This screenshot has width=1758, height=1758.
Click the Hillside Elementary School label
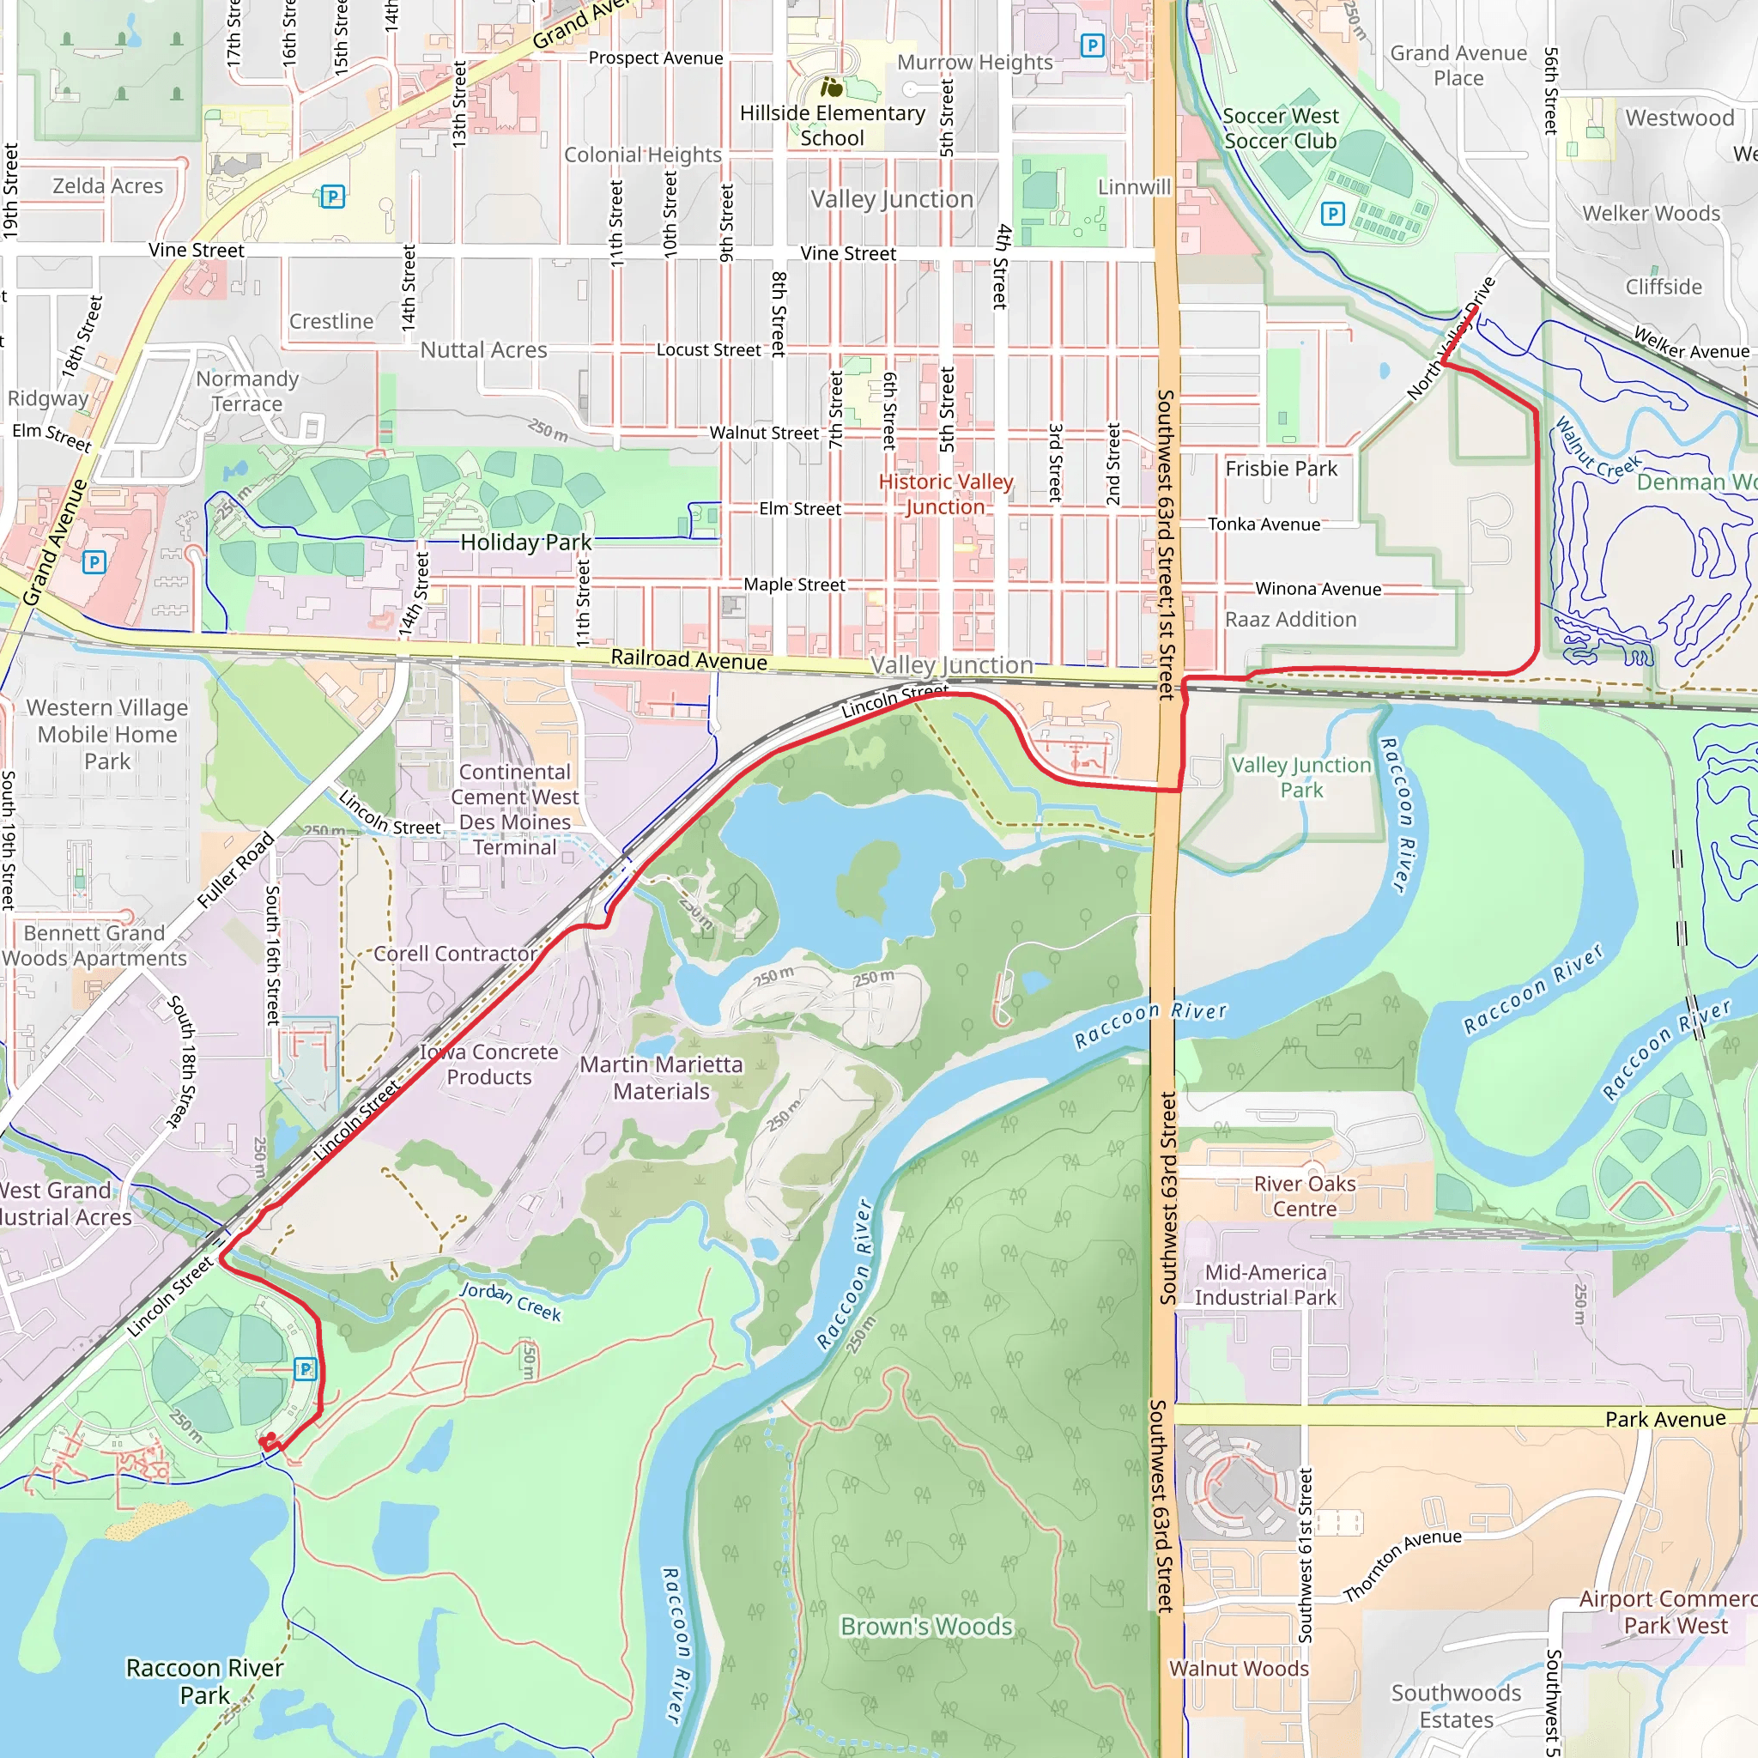(x=832, y=125)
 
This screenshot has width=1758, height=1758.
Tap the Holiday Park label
(x=525, y=543)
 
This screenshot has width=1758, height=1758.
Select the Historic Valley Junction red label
(x=945, y=494)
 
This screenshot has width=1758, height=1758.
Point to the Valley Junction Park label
(x=1300, y=777)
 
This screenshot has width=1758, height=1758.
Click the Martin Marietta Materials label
(x=661, y=1077)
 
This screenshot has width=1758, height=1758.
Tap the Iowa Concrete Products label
(x=488, y=1064)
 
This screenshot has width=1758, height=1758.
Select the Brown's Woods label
(x=925, y=1626)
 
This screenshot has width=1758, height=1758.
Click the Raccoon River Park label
(x=205, y=1681)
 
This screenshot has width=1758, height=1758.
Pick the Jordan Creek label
(x=510, y=1301)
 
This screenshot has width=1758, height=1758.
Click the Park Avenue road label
(x=1664, y=1419)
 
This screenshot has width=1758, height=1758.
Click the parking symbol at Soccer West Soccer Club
(x=1332, y=214)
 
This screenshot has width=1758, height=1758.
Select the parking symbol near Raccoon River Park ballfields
(x=306, y=1368)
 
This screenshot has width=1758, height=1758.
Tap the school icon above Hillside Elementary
(x=831, y=88)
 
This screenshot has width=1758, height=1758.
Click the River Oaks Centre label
(x=1304, y=1196)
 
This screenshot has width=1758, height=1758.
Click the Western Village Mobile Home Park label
(x=107, y=733)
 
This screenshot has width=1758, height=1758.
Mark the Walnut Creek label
(x=1597, y=450)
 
